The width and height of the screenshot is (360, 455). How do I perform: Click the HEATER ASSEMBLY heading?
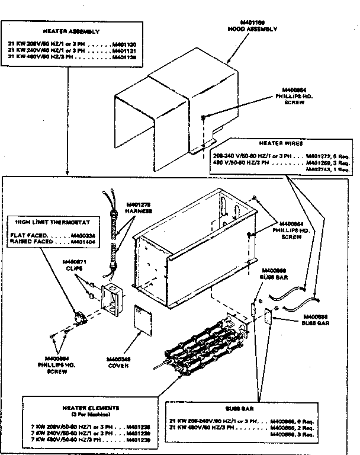[x=70, y=30]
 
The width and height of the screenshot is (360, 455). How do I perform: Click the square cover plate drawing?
[x=144, y=321]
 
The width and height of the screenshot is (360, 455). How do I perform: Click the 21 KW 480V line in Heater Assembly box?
[x=70, y=58]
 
